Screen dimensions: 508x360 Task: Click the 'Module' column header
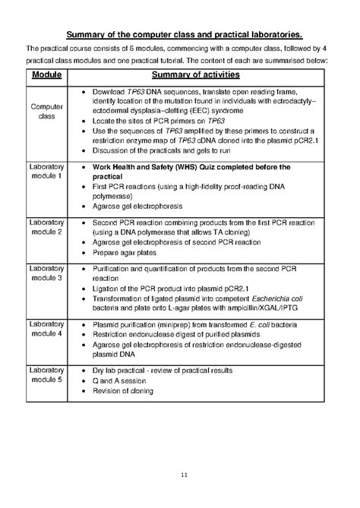pyautogui.click(x=47, y=75)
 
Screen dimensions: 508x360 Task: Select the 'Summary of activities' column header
pyautogui.click(x=195, y=75)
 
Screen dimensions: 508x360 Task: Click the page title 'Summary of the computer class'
pyautogui.click(x=185, y=34)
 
